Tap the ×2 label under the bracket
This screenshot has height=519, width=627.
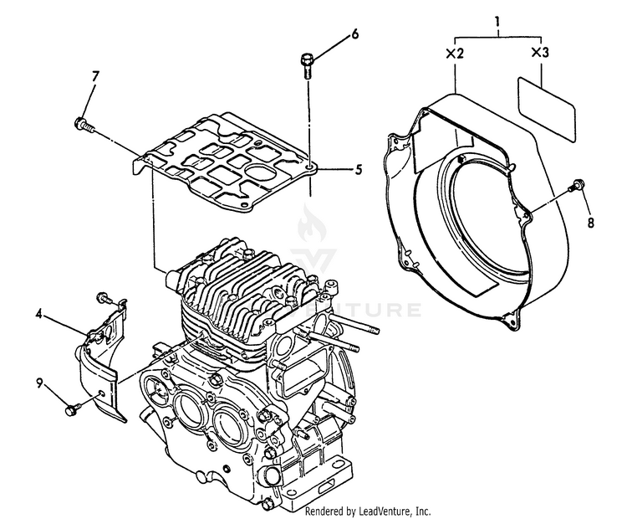pos(455,53)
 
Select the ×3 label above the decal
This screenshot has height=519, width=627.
pos(540,53)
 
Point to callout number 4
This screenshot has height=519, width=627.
pos(39,315)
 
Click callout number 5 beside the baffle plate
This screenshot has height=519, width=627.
pos(358,169)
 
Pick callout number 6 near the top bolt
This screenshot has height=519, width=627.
pos(354,34)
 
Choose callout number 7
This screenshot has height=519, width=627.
pos(94,77)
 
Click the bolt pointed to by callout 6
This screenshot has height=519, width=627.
pos(306,63)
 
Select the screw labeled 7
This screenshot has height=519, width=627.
pos(83,125)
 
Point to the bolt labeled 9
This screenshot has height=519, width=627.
pos(72,409)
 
